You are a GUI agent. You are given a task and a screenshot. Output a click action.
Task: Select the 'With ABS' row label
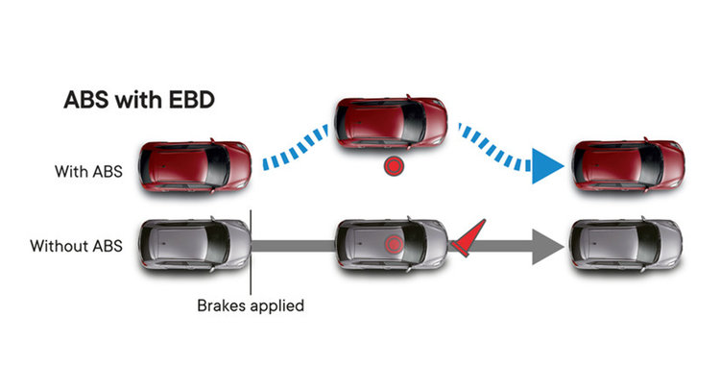coord(89,172)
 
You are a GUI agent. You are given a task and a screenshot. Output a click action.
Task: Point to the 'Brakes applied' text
coord(251,306)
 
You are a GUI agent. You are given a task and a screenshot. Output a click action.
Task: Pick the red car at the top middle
coord(390,121)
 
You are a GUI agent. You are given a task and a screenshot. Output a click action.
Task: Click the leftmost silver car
coord(195,244)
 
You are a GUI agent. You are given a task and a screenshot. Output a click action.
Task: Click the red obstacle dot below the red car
coord(391,166)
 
